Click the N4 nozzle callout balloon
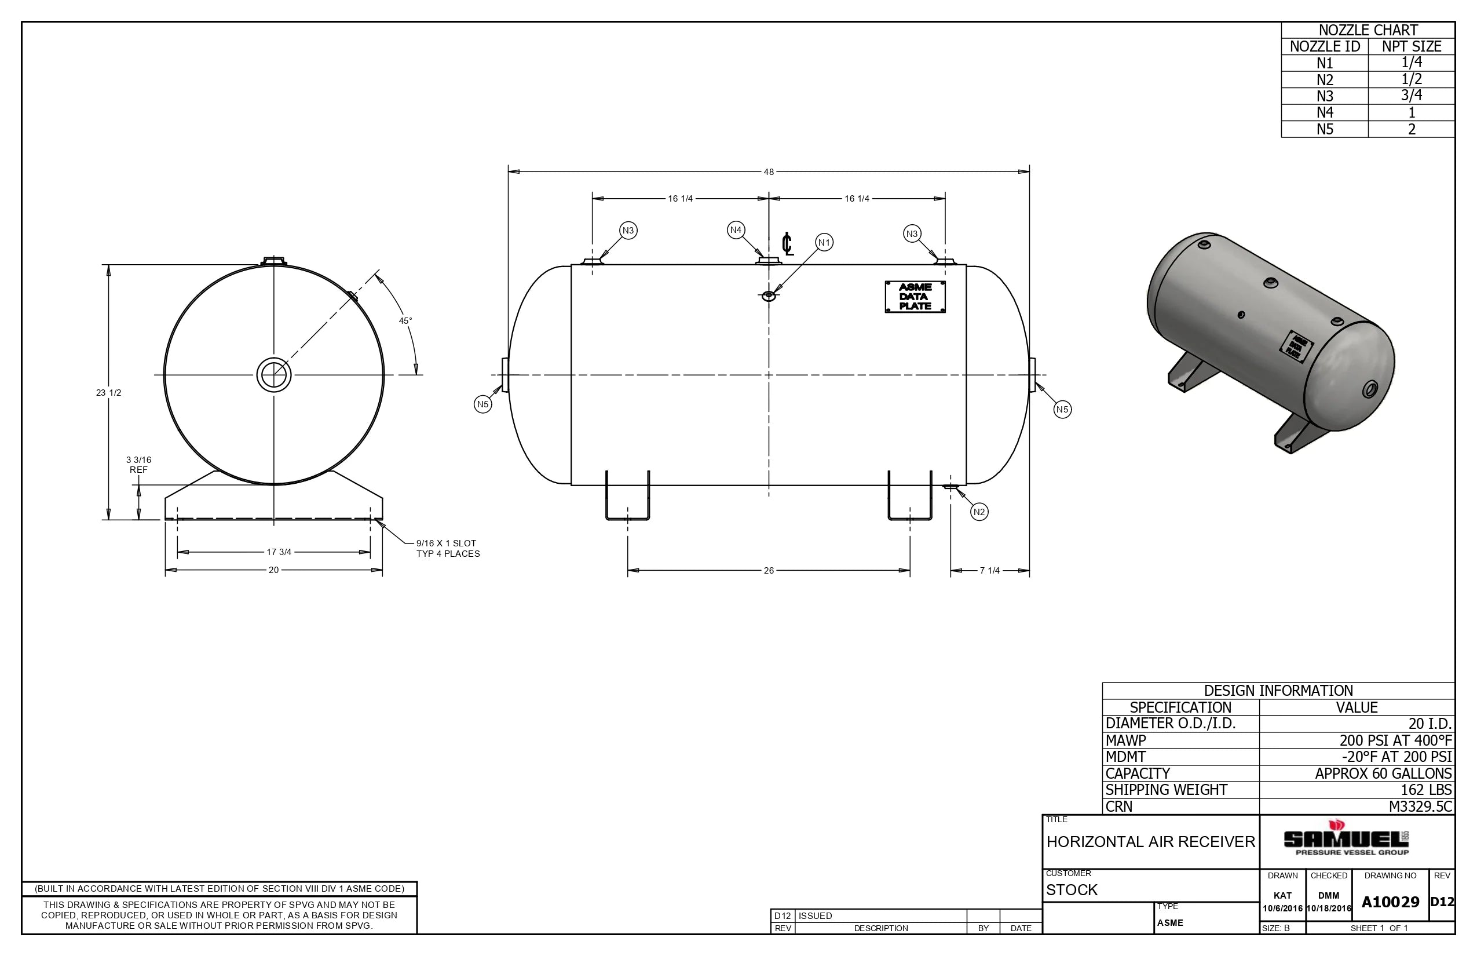pyautogui.click(x=736, y=229)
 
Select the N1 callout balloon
pyautogui.click(x=824, y=243)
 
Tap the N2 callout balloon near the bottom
pyautogui.click(x=979, y=512)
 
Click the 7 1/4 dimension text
pyautogui.click(x=989, y=571)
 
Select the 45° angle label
pyautogui.click(x=405, y=321)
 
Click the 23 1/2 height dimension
pyautogui.click(x=109, y=393)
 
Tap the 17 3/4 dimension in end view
pyautogui.click(x=279, y=552)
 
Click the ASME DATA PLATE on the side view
pyautogui.click(x=915, y=297)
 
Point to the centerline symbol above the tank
pyautogui.click(x=788, y=244)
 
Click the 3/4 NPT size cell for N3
pyautogui.click(x=1411, y=96)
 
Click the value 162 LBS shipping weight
pyautogui.click(x=1426, y=790)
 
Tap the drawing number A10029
pyautogui.click(x=1390, y=902)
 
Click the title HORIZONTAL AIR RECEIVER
pyautogui.click(x=1150, y=842)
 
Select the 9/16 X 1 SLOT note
pyautogui.click(x=447, y=548)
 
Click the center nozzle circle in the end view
pyautogui.click(x=273, y=375)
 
